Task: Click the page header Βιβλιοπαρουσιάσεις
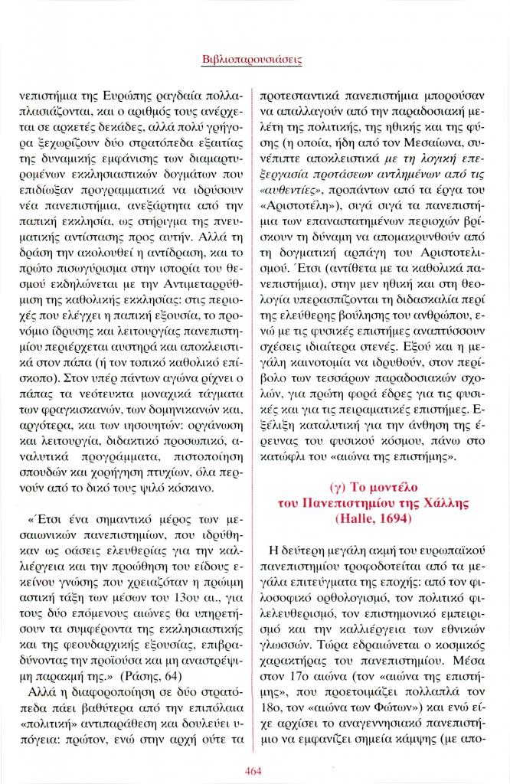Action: point(255,57)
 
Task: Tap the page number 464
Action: point(255,769)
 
